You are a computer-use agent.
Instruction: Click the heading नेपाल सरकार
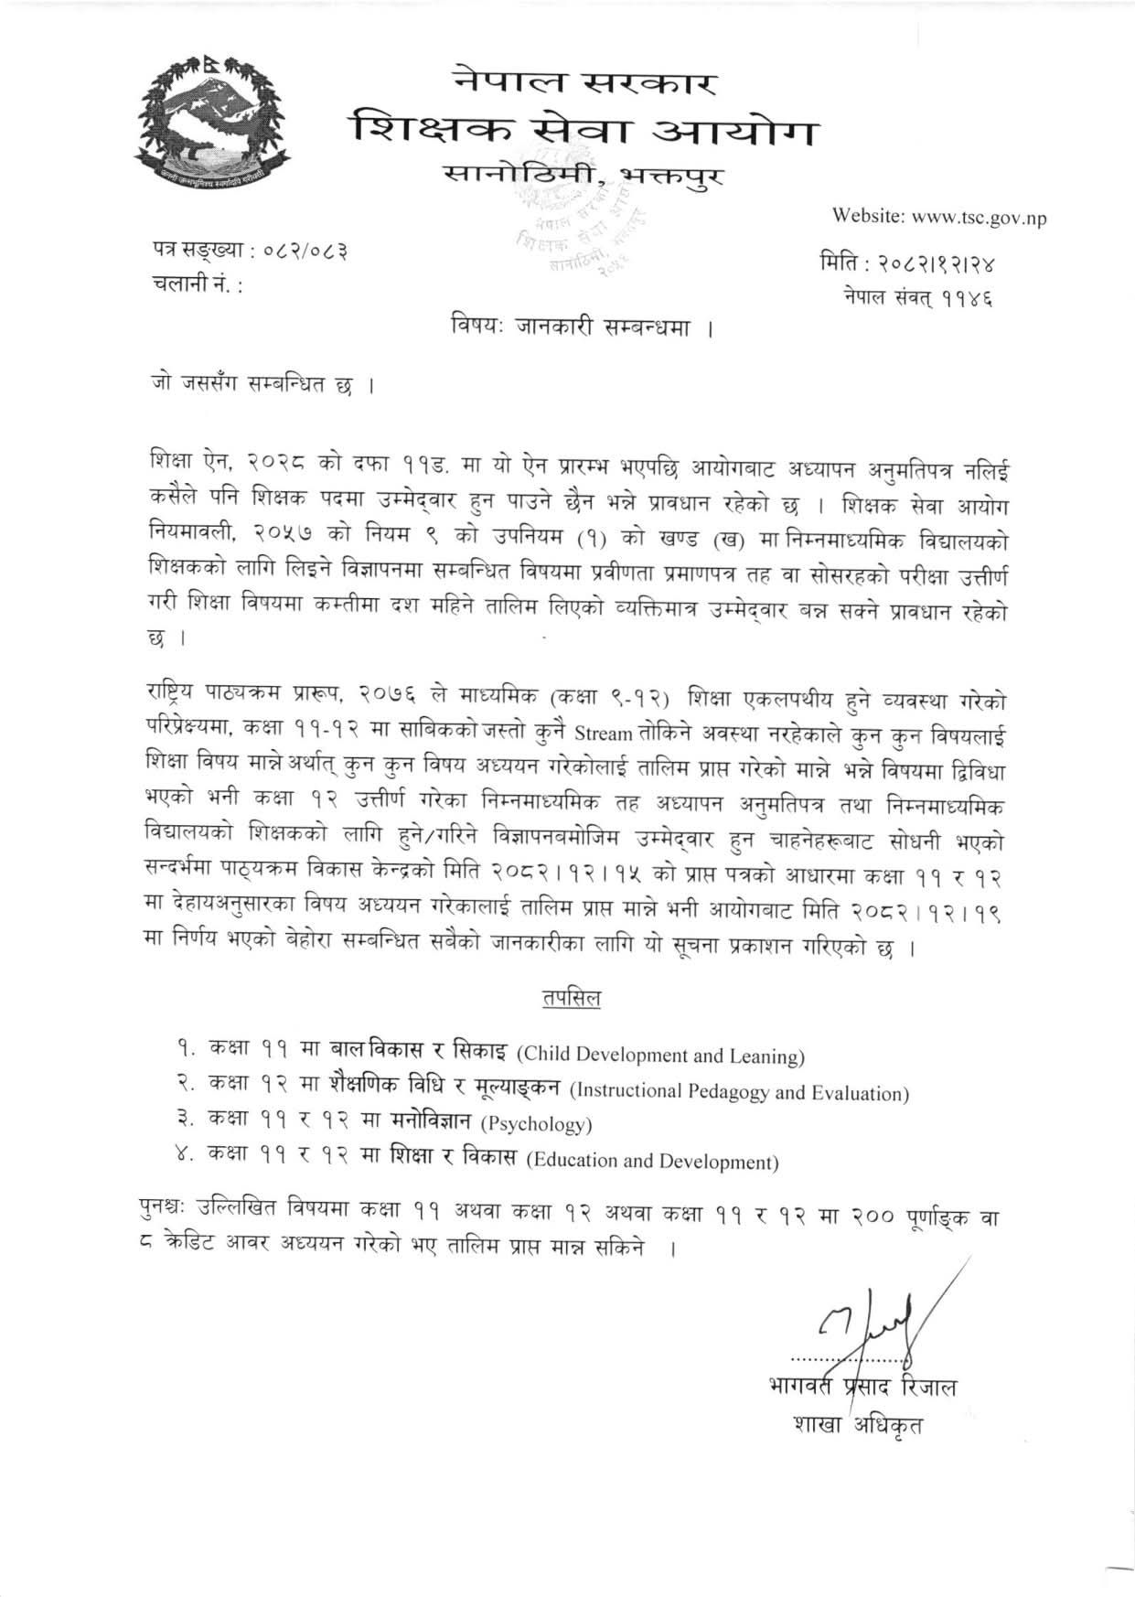pos(585,80)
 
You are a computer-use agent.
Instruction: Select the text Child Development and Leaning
pos(660,1056)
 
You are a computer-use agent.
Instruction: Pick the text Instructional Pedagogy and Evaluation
pos(738,1092)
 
